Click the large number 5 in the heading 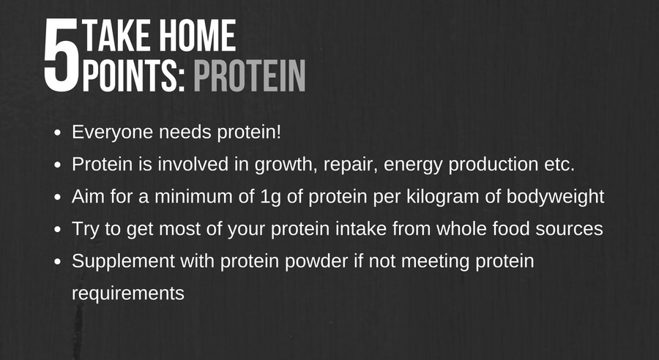click(x=62, y=55)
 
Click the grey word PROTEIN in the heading click(x=249, y=75)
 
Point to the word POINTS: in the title click(x=134, y=75)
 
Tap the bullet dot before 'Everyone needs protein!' click(x=58, y=132)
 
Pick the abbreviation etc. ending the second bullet click(x=559, y=165)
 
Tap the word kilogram click(x=443, y=197)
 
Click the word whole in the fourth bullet click(x=462, y=229)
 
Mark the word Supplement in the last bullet click(x=123, y=262)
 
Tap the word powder click(x=316, y=262)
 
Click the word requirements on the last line click(x=127, y=294)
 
